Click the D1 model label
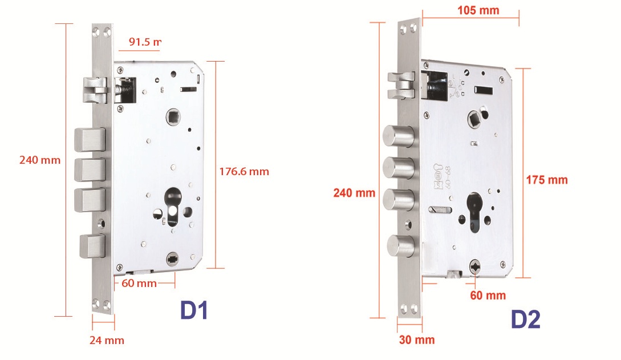(194, 310)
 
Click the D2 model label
(525, 319)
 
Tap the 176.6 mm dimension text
(243, 171)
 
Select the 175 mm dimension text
(547, 180)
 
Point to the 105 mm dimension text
(478, 10)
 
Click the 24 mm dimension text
(106, 341)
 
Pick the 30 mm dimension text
(416, 340)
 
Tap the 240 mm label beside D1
(39, 160)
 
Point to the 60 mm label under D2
(488, 295)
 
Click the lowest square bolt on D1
(92, 246)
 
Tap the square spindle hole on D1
(173, 118)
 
